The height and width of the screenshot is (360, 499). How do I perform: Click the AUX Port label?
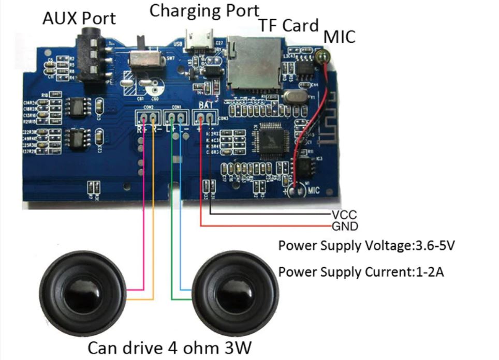point(79,19)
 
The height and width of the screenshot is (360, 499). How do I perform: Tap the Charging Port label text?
point(204,10)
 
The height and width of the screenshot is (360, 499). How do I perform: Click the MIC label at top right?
point(340,37)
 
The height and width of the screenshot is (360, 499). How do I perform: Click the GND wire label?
point(344,227)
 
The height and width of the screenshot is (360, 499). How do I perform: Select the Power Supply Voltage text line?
point(366,246)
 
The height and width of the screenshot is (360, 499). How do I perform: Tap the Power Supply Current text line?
point(361,272)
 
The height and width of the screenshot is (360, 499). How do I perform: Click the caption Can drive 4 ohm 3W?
point(171,347)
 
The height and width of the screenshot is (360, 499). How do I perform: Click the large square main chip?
point(270,140)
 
